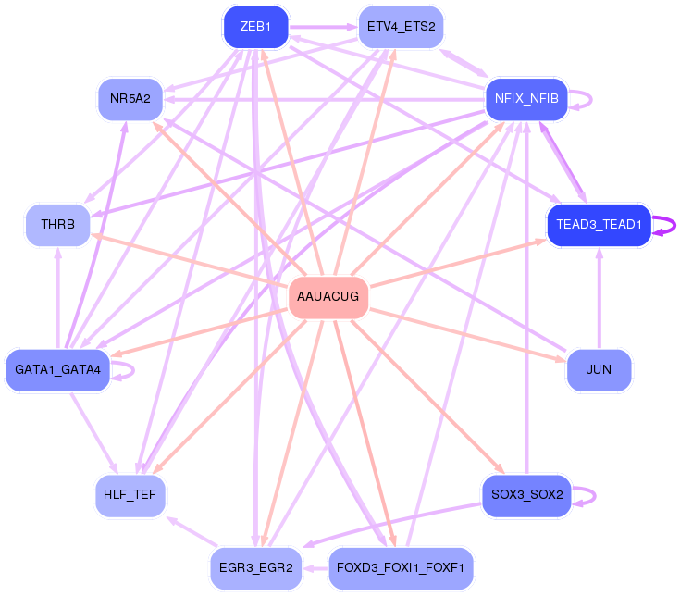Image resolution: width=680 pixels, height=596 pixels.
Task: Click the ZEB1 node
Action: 255,27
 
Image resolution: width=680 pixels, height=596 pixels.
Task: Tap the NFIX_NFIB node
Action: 525,99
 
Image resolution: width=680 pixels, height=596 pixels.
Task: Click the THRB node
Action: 57,224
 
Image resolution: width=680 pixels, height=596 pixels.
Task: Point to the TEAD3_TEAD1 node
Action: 599,226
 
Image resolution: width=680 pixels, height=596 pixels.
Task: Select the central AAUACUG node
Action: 328,298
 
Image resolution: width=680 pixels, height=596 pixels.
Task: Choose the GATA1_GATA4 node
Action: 57,370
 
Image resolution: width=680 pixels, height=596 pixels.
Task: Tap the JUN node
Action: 599,370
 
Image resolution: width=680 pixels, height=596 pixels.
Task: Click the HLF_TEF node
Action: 130,495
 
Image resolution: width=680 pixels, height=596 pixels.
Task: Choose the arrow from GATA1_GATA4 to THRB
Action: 57,296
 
